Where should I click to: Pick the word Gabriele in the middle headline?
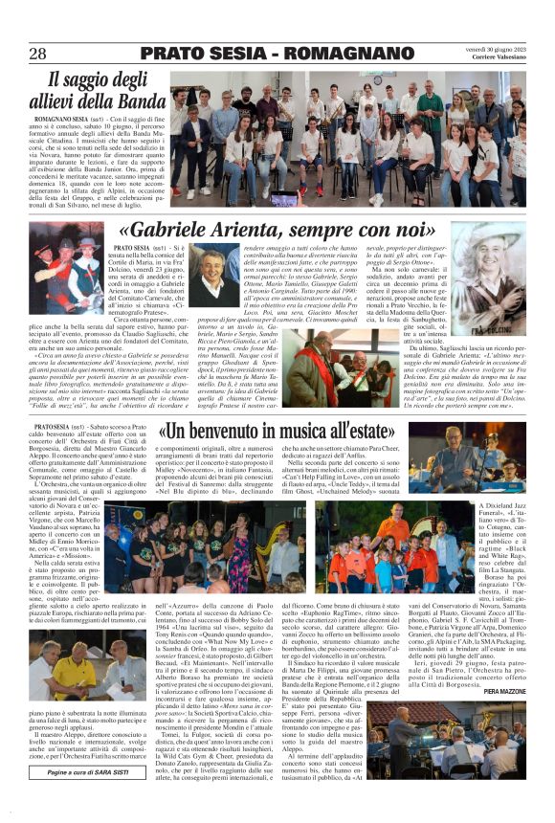(x=190, y=231)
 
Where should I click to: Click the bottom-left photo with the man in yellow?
(x=76, y=675)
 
